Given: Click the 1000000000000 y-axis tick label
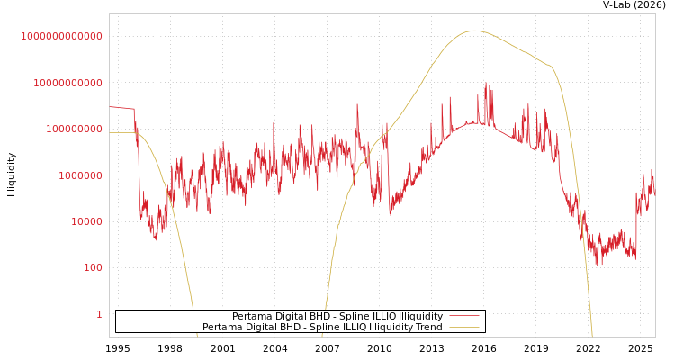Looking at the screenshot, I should coord(61,36).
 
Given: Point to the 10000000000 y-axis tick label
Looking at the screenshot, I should coord(67,83).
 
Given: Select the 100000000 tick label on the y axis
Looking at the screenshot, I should coord(74,129).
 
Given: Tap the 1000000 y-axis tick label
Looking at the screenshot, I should coord(80,175).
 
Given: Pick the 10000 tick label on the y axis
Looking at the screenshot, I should coord(86,221).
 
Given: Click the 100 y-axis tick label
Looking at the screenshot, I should coord(93,267).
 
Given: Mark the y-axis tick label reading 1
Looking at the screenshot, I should coord(99,314).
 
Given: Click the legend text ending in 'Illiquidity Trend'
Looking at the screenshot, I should coord(322,328).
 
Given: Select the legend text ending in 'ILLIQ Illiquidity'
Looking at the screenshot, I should coord(337,317).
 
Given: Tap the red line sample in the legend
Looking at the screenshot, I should coord(463,317).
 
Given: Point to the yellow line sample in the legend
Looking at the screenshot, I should coord(463,328).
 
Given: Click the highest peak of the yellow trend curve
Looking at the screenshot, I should coord(474,31).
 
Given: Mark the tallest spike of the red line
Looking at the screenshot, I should coord(487,84).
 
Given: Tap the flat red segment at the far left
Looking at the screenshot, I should coord(121,108).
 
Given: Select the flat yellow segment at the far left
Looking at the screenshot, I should coord(121,133).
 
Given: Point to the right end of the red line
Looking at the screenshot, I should coord(654,191).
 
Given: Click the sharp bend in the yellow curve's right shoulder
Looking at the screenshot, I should coord(550,67).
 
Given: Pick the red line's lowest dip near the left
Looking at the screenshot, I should coord(156,239).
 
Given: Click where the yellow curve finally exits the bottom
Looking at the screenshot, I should coord(592,335).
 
